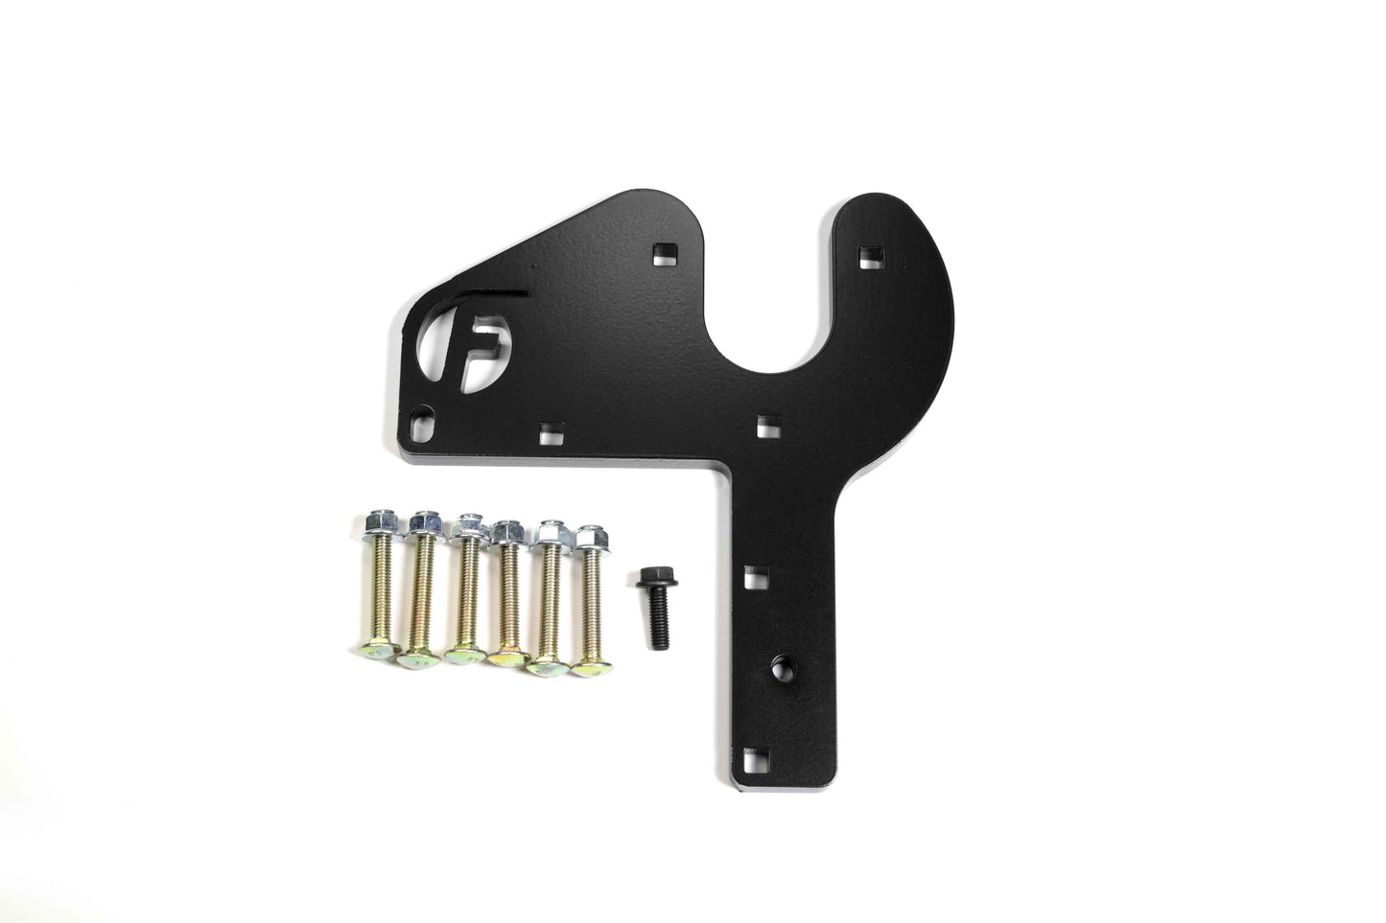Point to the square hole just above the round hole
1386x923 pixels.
[755, 577]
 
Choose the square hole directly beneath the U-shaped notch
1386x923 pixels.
[765, 423]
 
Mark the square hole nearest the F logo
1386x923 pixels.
[550, 432]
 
